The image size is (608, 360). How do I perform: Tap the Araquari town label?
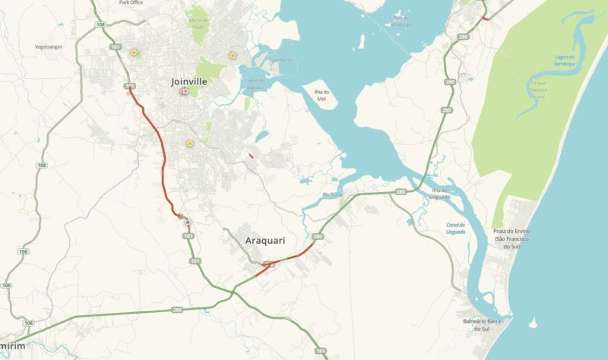click(265, 241)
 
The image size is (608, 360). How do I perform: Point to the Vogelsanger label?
click(49, 46)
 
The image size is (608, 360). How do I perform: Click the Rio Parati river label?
click(333, 194)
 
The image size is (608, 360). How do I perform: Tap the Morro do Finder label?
click(198, 23)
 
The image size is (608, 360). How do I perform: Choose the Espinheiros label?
click(280, 59)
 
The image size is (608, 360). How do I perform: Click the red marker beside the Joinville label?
click(184, 92)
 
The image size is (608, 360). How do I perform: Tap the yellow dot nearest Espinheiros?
click(233, 55)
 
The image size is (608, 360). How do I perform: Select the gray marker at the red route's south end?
click(188, 223)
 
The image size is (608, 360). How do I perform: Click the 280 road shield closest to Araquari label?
click(318, 238)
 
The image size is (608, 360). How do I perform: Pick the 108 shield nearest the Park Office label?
click(100, 25)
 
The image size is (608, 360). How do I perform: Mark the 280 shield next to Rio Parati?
click(400, 191)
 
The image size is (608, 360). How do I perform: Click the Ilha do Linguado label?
click(441, 193)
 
